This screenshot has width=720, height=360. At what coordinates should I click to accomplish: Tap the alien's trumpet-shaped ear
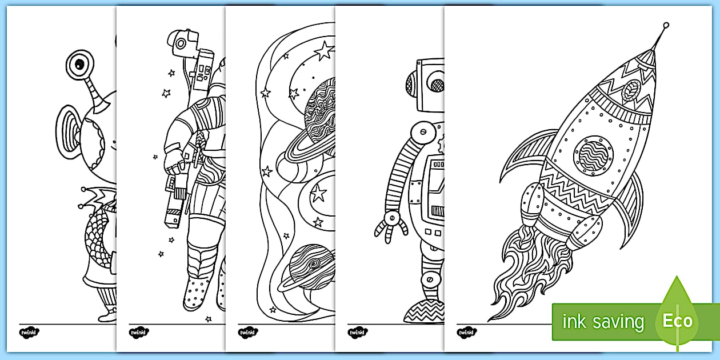tap(67, 129)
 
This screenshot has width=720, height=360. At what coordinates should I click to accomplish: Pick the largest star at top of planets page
tap(323, 51)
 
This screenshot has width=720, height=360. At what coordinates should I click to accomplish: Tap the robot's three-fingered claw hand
tap(391, 226)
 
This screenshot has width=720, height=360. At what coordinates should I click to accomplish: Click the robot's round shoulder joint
tap(422, 131)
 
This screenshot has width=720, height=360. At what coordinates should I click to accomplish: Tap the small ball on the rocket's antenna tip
tap(666, 25)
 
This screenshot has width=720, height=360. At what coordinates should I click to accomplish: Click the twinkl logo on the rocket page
tap(465, 332)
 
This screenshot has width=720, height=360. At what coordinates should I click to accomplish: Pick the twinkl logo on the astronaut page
tap(138, 332)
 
